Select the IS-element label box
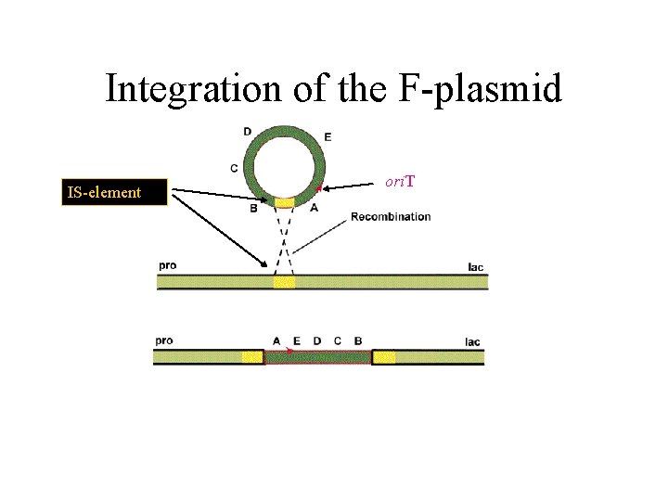pos(114,193)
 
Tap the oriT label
pos(399,182)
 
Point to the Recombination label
pos(391,217)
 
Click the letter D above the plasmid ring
pos(247,132)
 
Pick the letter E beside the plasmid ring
pos(328,137)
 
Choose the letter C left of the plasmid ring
pos(234,168)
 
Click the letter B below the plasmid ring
pos(254,208)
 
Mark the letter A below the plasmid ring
pos(314,208)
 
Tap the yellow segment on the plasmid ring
pos(283,201)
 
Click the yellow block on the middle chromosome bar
pos(284,281)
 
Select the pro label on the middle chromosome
pos(167,266)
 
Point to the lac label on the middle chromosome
pos(475,267)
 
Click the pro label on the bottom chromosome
pos(163,340)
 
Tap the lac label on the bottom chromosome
pos(472,341)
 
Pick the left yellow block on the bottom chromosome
pos(252,357)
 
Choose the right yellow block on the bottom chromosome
pos(384,357)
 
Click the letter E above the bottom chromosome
pos(297,340)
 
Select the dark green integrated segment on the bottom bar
pos(318,357)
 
